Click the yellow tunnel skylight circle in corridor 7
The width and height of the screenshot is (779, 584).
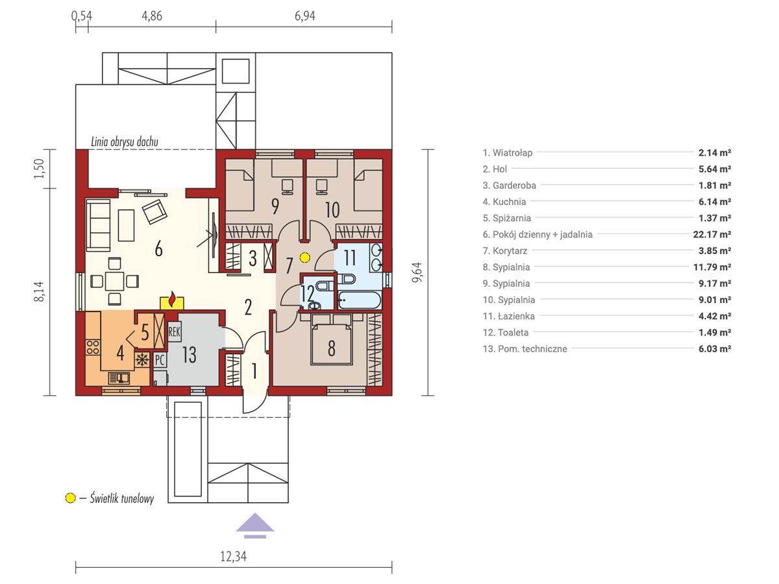[304, 258]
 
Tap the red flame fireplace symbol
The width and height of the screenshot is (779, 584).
[172, 299]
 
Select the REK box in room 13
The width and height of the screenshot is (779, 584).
[174, 332]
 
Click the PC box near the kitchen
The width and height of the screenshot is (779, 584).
[160, 360]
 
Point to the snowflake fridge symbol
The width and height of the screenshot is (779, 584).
[142, 360]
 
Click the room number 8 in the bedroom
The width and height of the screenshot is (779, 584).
[332, 348]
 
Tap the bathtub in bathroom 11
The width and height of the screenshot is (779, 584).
[360, 300]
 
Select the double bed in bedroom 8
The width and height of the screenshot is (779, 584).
[332, 339]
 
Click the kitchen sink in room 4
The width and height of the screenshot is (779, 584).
[119, 378]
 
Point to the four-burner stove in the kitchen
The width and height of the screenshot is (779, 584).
[93, 348]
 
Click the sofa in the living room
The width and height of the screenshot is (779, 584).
[98, 225]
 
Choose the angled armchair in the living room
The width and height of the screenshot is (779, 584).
[155, 212]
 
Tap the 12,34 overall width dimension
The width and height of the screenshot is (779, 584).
[233, 556]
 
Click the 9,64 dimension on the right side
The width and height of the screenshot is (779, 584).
[417, 273]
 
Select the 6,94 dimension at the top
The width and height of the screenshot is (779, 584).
[304, 16]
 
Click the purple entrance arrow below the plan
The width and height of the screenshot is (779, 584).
[255, 525]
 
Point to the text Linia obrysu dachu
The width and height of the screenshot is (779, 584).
[125, 142]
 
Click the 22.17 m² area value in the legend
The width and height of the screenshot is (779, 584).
[712, 234]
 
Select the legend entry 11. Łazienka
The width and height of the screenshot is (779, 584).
[508, 316]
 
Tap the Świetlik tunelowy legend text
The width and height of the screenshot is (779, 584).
[122, 498]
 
